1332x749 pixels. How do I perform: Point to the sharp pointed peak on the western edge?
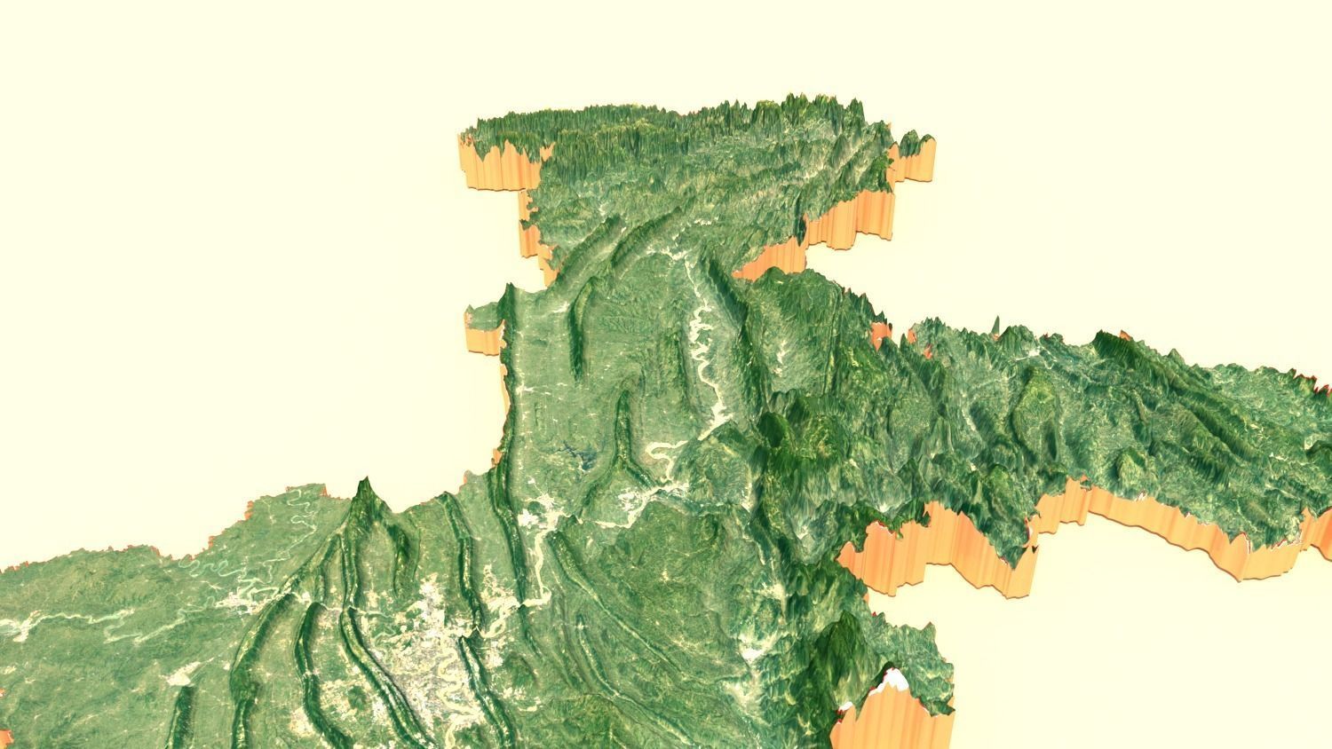(362, 487)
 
